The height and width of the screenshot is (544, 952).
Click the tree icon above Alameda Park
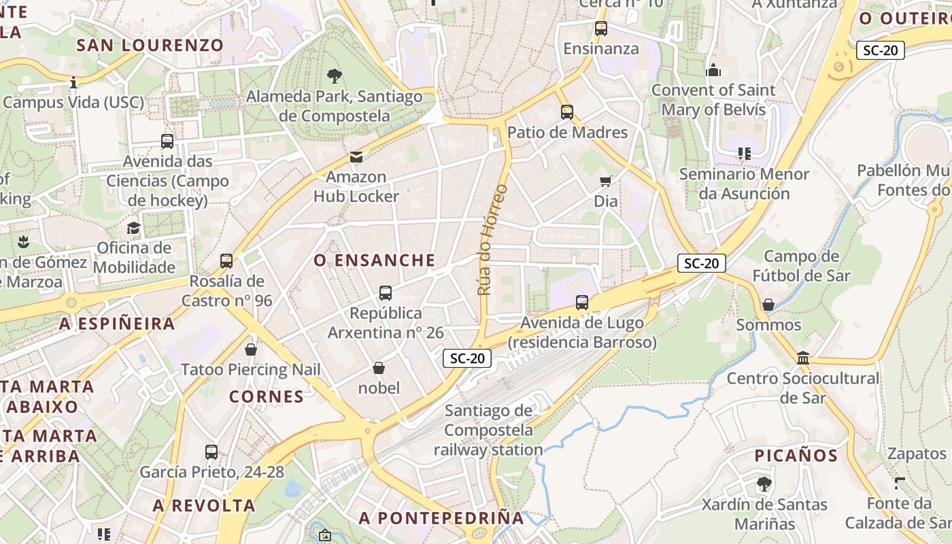[x=334, y=75]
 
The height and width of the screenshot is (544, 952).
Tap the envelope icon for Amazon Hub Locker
[x=356, y=157]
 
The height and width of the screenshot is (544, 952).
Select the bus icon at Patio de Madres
[x=567, y=112]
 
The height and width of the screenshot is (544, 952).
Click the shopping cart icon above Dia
[x=605, y=181]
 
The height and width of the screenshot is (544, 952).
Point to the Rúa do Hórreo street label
[x=492, y=239]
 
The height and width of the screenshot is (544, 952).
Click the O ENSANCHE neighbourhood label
[x=375, y=260]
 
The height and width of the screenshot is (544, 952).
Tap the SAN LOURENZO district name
[x=150, y=46]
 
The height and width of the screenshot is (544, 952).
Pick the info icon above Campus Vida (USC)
[x=73, y=83]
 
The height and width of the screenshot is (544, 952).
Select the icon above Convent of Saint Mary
[x=713, y=70]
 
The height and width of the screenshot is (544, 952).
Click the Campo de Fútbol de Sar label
[x=801, y=266]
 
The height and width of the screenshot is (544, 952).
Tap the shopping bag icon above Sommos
[x=768, y=305]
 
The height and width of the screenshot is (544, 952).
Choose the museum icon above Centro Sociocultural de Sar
[x=802, y=358]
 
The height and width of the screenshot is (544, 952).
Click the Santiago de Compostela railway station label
[x=488, y=430]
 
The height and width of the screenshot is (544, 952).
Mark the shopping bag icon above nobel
[x=379, y=368]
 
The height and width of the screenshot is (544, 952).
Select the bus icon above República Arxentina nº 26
[x=385, y=293]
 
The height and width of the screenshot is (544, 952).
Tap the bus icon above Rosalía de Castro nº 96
[x=226, y=260]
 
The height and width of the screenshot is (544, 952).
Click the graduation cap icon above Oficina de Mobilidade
[x=134, y=228]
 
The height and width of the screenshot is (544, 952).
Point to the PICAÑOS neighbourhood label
[x=796, y=456]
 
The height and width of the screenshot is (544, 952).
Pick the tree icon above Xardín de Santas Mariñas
[x=764, y=484]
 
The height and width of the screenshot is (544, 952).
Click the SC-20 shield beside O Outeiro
[x=880, y=50]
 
